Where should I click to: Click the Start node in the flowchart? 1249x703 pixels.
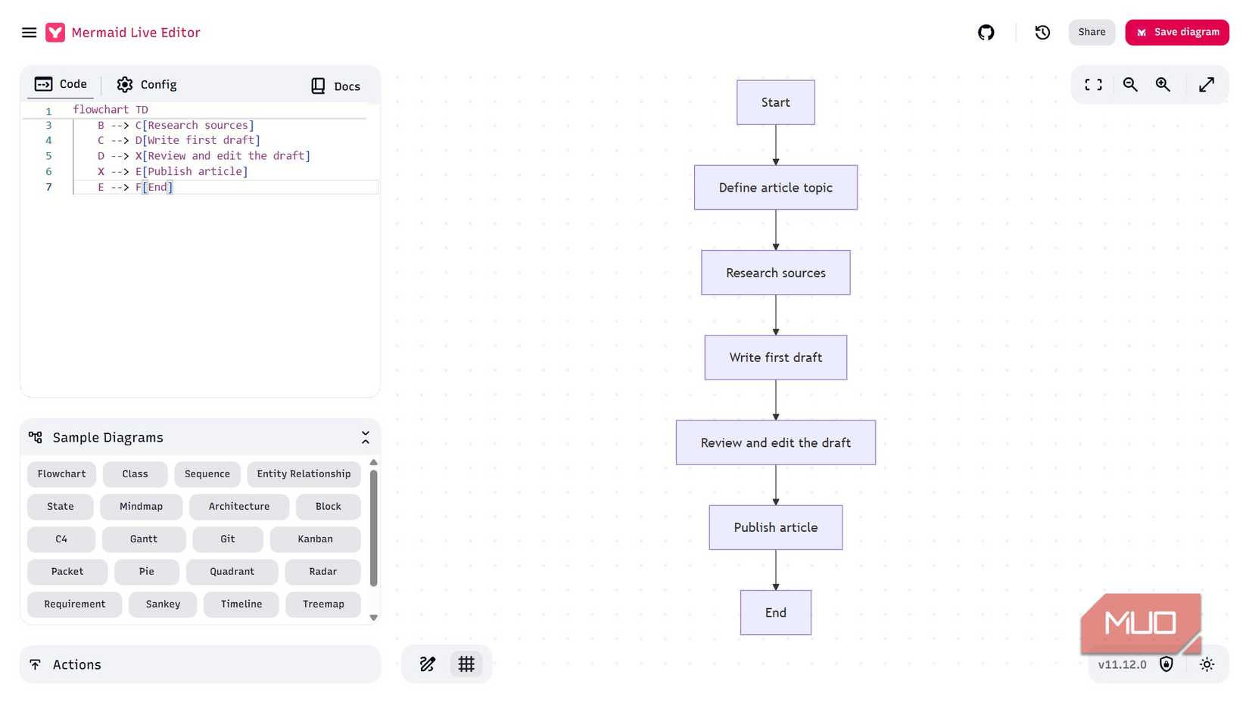point(775,102)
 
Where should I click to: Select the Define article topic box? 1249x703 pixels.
point(775,187)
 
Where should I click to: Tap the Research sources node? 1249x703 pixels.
point(775,273)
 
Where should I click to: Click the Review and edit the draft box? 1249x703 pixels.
point(775,442)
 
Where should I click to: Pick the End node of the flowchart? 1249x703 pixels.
point(775,612)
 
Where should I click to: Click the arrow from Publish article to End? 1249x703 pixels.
point(776,570)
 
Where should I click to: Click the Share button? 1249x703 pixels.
point(1092,32)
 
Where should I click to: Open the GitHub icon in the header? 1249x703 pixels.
point(986,33)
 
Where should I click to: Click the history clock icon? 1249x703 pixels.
point(1042,33)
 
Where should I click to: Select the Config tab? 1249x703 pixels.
point(147,85)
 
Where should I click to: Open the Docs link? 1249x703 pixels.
point(335,86)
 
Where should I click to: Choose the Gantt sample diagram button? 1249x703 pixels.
point(144,539)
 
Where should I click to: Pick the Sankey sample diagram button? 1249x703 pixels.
point(163,604)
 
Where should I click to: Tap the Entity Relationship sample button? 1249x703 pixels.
point(304,473)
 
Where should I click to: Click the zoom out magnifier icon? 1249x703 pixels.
point(1130,85)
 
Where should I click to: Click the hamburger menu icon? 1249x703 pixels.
point(29,33)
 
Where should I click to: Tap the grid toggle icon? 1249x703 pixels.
point(466,664)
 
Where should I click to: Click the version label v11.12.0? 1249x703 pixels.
point(1122,664)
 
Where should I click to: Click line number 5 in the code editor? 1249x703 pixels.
point(48,156)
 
